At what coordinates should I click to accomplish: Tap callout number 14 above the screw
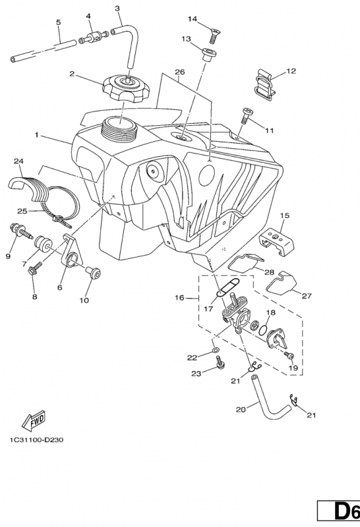[193, 18]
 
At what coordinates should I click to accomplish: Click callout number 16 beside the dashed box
[179, 298]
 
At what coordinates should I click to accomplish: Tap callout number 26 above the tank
[180, 71]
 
